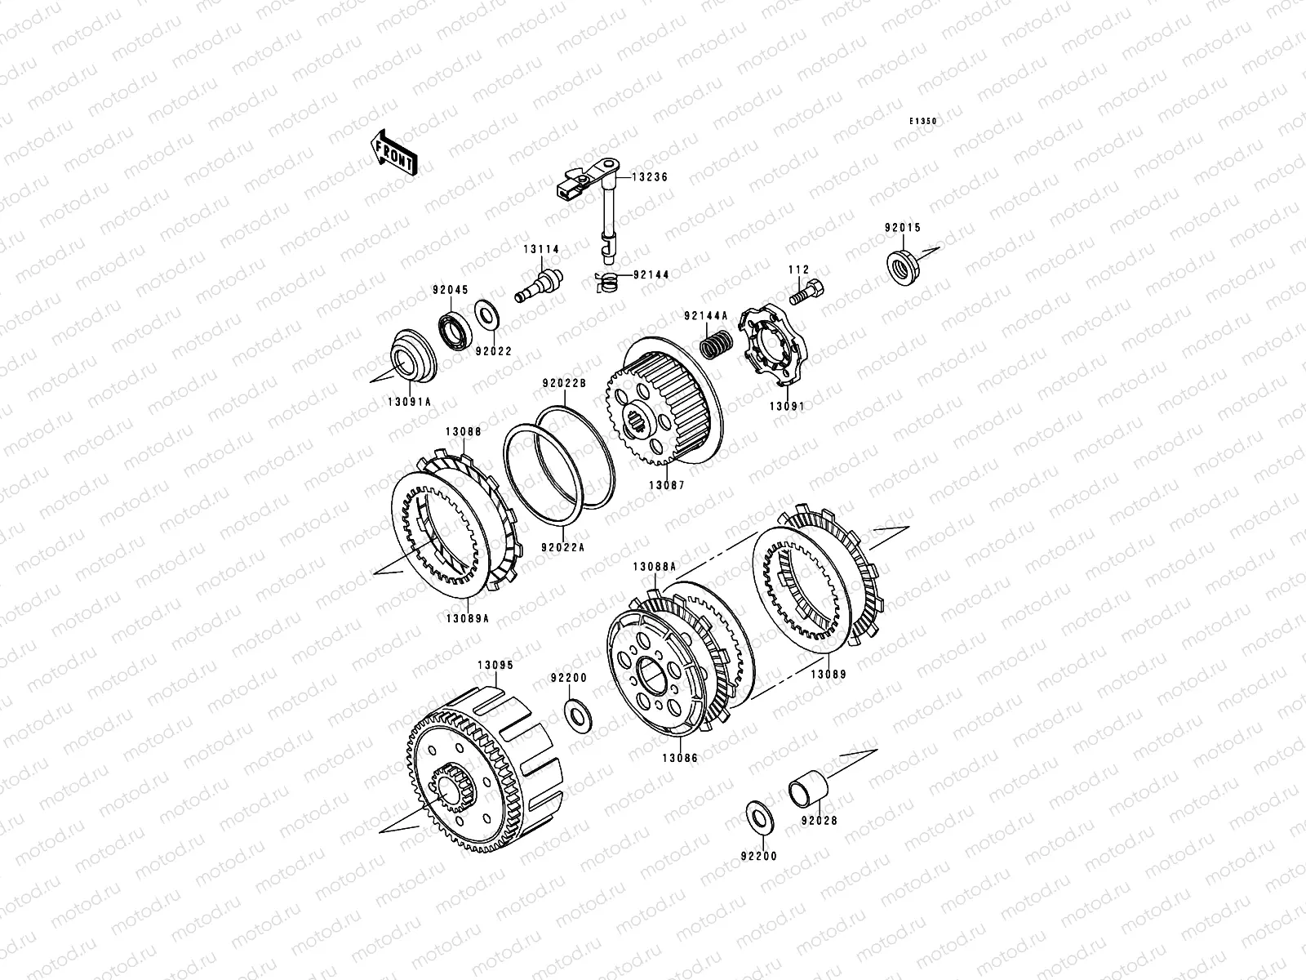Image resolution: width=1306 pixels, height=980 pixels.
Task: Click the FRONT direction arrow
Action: click(393, 153)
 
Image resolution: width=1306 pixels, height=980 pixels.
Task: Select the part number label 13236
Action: click(650, 177)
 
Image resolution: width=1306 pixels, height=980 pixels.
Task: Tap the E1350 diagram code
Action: click(923, 122)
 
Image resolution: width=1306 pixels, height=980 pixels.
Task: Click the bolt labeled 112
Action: click(806, 292)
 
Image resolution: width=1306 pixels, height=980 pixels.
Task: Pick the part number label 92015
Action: click(903, 228)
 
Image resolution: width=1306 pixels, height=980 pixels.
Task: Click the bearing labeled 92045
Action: click(455, 330)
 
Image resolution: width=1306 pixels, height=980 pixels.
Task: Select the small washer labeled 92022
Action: click(486, 314)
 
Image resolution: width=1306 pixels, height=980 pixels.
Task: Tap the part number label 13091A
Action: click(410, 403)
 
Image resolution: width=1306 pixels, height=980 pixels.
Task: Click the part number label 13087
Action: click(667, 486)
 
